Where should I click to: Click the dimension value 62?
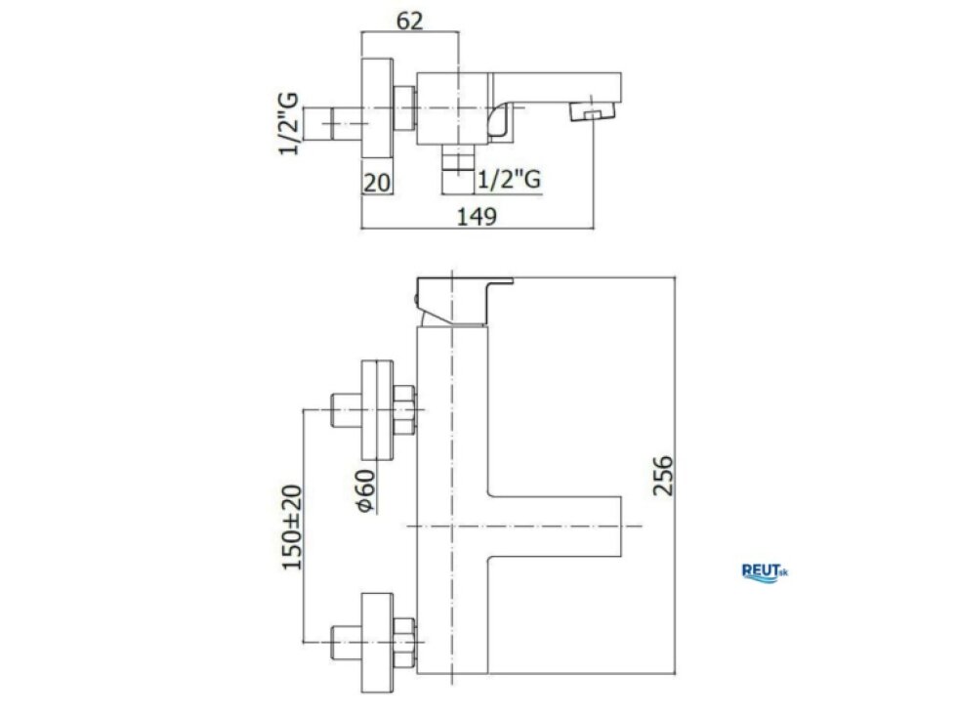[409, 21]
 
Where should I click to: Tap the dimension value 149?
[477, 216]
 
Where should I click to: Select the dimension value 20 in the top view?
[377, 183]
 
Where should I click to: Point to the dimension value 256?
[662, 475]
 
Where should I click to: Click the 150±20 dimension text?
[292, 528]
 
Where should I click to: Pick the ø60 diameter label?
[365, 490]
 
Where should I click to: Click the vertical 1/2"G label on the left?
[289, 123]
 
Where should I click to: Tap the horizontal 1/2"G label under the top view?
[509, 180]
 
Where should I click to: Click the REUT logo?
[765, 572]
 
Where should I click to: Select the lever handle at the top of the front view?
[464, 301]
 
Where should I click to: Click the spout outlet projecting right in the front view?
[555, 526]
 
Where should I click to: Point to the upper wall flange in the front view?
[377, 409]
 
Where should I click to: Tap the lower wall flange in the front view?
[377, 643]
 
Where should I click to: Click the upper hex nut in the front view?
[404, 409]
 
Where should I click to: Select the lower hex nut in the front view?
[404, 643]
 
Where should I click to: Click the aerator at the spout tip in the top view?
[591, 112]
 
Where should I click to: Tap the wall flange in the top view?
[377, 108]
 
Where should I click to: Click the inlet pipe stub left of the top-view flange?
[332, 124]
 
